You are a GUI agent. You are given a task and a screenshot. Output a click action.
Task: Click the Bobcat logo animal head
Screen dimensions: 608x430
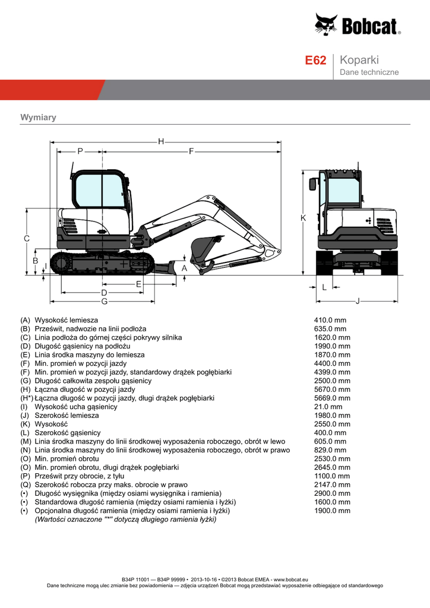[x=325, y=25]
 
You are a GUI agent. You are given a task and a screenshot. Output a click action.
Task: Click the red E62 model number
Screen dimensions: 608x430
[x=315, y=61]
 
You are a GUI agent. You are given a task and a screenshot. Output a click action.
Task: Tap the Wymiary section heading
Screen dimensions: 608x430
[x=38, y=117]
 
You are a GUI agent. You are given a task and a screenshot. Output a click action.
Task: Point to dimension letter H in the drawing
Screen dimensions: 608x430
[x=161, y=141]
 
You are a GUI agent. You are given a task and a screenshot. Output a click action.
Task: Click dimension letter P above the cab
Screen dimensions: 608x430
[x=80, y=151]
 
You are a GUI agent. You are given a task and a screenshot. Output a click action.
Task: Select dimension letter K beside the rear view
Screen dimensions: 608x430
[x=303, y=218]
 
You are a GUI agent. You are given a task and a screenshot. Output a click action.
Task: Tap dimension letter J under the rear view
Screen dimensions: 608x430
[x=358, y=301]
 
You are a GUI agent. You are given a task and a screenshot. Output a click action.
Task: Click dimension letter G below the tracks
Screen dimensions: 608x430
[x=104, y=302]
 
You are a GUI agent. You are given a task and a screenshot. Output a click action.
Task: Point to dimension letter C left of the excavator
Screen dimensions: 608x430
[x=27, y=238]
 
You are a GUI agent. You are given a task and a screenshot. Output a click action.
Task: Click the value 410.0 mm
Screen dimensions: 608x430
[x=330, y=320]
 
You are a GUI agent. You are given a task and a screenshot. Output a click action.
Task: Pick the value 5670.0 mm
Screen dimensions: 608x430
[x=332, y=389]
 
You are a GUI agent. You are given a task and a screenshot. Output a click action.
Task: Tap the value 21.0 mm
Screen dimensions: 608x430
[x=328, y=407]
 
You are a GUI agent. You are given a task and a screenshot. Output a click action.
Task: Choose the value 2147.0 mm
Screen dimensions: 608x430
[x=332, y=484]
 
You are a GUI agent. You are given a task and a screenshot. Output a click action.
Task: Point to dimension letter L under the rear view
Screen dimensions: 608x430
[x=324, y=287]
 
